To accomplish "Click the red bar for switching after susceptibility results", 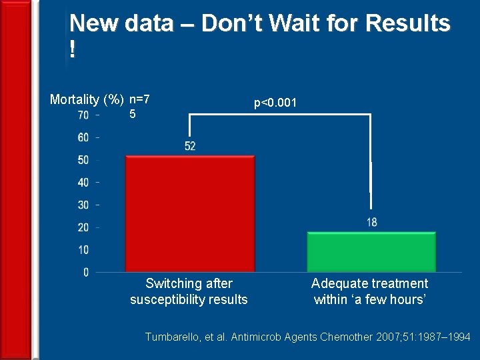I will coord(190,213).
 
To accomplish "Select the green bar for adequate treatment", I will coord(371,251).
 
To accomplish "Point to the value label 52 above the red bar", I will coord(190,146).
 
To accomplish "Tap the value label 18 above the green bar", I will coord(371,222).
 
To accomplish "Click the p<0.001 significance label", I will coord(279,103).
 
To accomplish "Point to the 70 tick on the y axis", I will coord(83,115).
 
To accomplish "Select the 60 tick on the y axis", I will coord(83,138).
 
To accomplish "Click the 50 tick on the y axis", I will coord(83,160).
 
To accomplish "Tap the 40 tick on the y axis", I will coord(83,183).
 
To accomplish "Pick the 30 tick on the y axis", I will coord(83,205).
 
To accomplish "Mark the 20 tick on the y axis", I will coord(83,227).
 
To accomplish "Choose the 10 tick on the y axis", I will coord(83,250).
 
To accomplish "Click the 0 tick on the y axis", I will coord(86,272).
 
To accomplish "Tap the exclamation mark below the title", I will coord(72,51).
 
